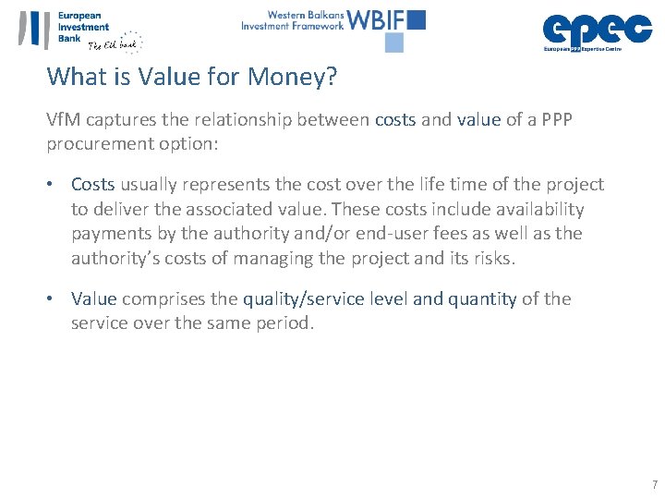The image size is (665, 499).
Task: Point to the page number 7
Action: click(x=654, y=485)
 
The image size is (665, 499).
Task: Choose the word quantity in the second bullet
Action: click(x=482, y=298)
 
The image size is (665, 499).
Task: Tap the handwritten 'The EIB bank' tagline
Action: click(x=115, y=44)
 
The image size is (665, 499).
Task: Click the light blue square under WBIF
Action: click(x=394, y=43)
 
